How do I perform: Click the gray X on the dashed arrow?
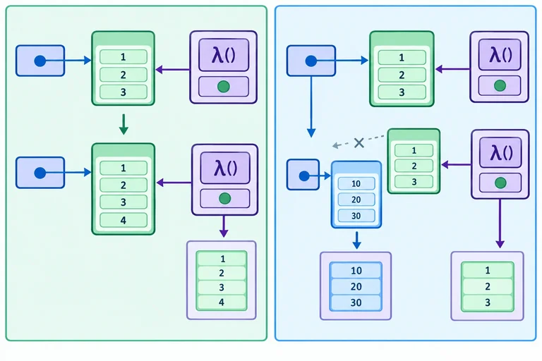coord(359,142)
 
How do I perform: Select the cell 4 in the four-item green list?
coord(124,220)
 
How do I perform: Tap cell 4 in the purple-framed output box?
coord(222,302)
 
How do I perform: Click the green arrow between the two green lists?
coord(124,124)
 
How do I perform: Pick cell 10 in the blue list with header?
coord(356,183)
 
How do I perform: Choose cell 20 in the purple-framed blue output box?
coord(356,286)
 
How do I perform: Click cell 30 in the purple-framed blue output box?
coord(356,302)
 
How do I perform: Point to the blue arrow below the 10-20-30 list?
coord(356,240)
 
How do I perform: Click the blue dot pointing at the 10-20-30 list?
coord(304,176)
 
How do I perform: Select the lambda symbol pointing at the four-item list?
coord(224,168)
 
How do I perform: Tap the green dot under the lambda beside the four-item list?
coord(224,198)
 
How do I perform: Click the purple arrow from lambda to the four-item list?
coord(174,183)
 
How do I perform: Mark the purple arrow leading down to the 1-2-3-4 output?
coord(224,226)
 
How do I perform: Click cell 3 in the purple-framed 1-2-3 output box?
coord(488,302)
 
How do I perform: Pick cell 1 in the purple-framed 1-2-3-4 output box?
coord(222,259)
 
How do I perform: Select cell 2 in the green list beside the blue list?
coord(414,166)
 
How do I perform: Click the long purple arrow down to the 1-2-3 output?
coord(500,224)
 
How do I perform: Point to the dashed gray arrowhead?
coord(335,145)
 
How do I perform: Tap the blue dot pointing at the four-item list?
coord(40,173)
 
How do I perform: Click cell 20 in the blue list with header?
coord(356,200)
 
